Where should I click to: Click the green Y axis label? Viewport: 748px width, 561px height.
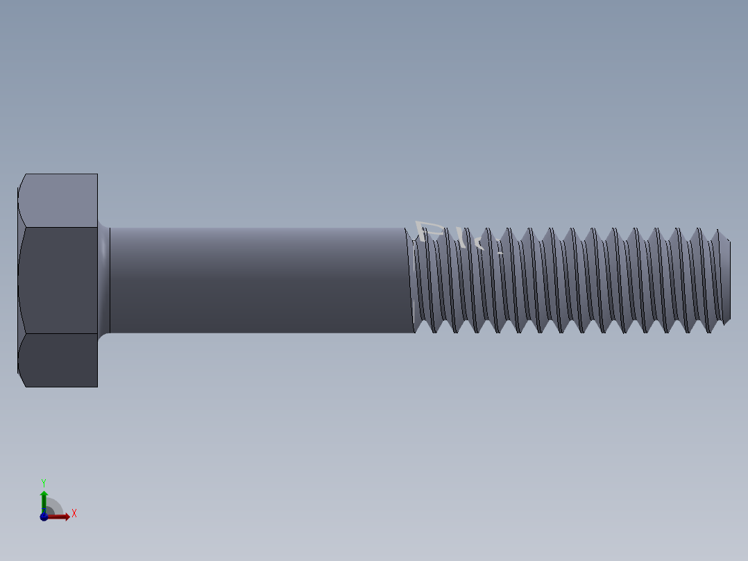click(x=44, y=482)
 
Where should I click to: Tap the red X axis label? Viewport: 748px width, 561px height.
click(x=74, y=514)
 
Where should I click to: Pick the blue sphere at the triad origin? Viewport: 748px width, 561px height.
click(x=44, y=517)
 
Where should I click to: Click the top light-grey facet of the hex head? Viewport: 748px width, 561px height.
click(x=59, y=200)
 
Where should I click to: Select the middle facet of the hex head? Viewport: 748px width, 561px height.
click(x=59, y=280)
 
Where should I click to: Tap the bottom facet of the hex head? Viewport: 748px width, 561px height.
click(x=59, y=360)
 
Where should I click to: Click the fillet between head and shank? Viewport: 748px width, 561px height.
click(x=103, y=280)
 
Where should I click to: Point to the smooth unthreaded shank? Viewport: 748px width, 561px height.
click(x=257, y=280)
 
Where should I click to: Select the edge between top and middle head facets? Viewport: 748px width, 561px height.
click(x=59, y=227)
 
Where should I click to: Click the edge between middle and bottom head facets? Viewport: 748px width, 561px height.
click(x=59, y=333)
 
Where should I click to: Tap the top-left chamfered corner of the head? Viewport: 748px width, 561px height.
click(x=22, y=181)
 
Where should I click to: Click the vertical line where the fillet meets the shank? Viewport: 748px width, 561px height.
click(x=110, y=280)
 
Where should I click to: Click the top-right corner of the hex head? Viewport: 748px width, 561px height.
click(x=97, y=174)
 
